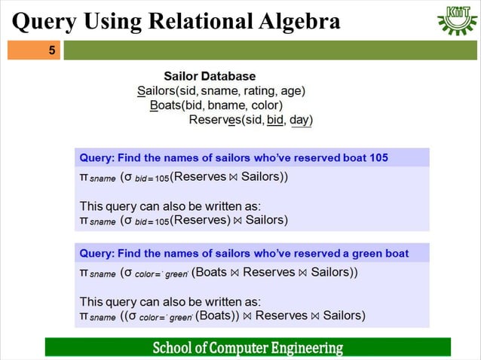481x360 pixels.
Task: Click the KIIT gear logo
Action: pos(457,20)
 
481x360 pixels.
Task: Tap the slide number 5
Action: pos(52,51)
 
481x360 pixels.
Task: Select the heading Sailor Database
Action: pos(210,76)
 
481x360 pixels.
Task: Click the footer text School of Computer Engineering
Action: pos(247,348)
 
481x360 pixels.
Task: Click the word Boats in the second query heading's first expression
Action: pos(211,272)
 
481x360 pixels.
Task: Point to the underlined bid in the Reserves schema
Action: pos(275,120)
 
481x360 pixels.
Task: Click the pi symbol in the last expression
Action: pos(84,316)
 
